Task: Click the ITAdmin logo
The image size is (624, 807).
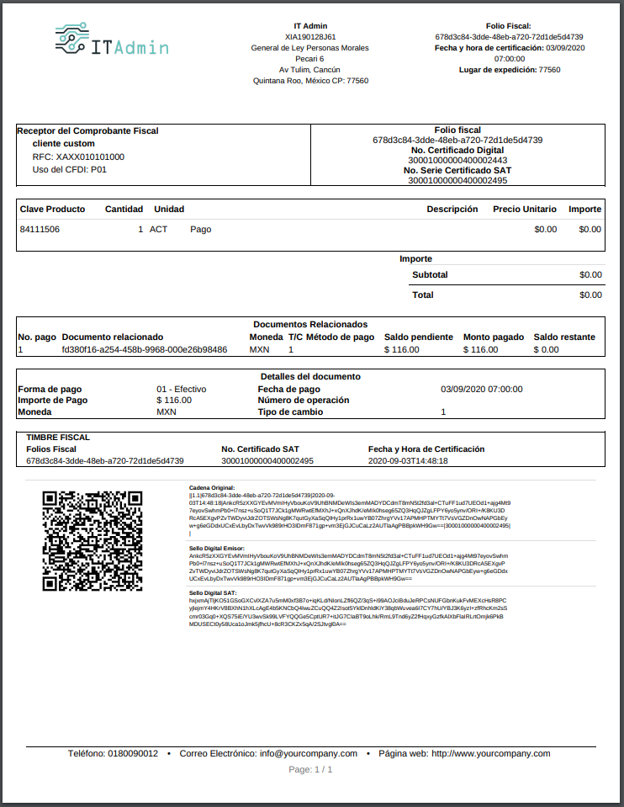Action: (110, 43)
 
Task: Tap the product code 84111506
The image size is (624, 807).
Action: (40, 229)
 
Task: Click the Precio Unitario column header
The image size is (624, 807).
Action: (524, 209)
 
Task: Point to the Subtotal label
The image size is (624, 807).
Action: (430, 274)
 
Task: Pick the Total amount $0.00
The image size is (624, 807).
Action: (590, 295)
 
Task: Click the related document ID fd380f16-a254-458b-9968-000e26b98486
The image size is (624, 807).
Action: (144, 349)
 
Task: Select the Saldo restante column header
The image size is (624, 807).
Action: (564, 337)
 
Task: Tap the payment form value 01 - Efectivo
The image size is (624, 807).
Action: (181, 389)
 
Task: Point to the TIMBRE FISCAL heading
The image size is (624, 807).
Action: (58, 438)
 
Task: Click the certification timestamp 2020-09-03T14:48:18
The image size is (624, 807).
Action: (408, 461)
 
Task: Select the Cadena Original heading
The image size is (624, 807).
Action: (211, 487)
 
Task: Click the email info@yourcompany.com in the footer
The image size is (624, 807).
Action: (309, 753)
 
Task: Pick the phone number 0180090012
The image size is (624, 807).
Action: (133, 753)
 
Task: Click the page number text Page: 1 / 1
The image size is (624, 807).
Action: (310, 769)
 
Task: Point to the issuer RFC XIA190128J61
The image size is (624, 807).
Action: (310, 37)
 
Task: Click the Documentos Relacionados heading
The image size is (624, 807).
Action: (310, 324)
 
